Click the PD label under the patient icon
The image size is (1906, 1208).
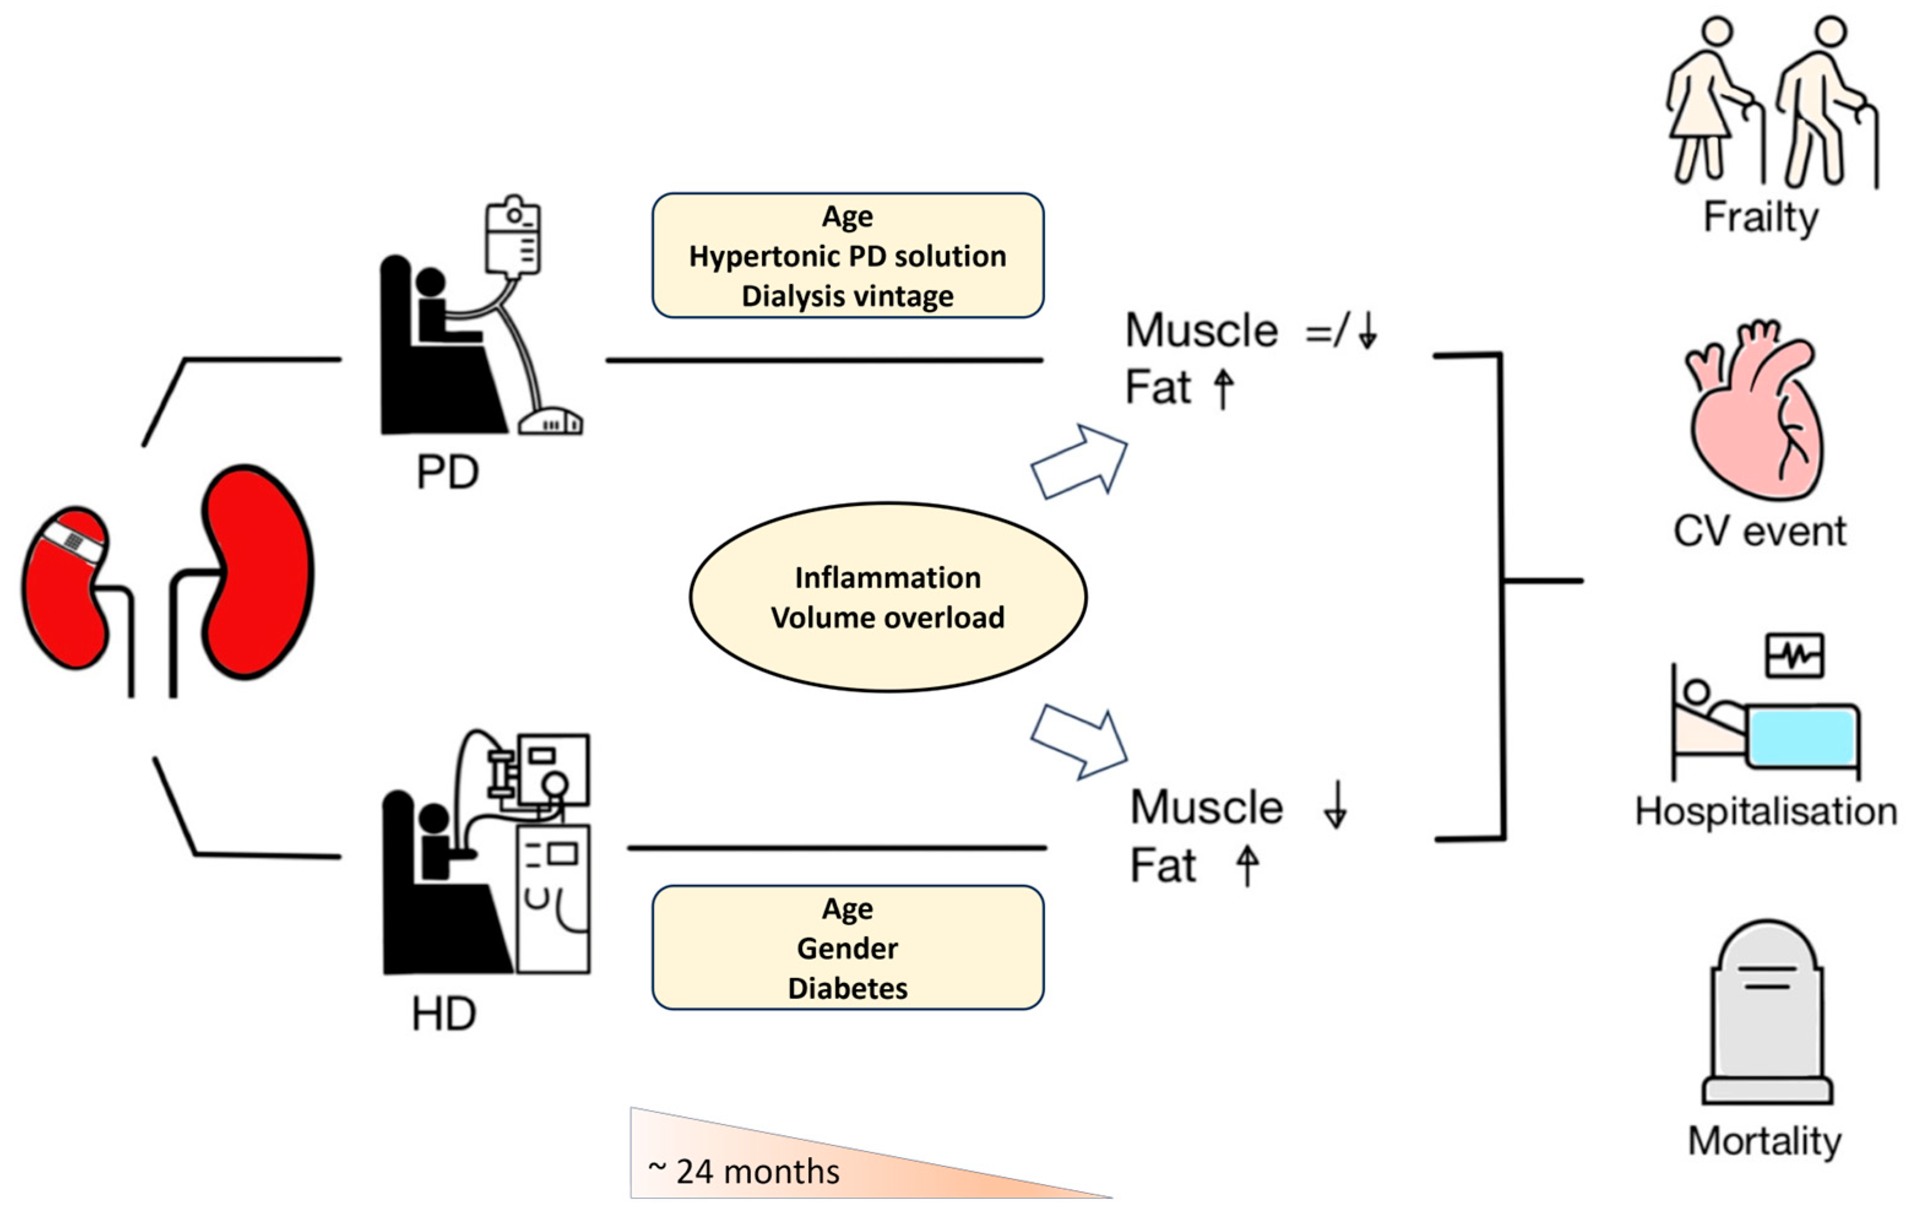pyautogui.click(x=448, y=473)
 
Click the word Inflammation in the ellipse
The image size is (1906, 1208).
pyautogui.click(x=887, y=578)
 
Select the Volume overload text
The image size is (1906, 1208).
pyautogui.click(x=887, y=617)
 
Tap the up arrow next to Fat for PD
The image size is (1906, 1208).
pyautogui.click(x=1223, y=389)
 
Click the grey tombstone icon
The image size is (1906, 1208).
pyautogui.click(x=1768, y=1013)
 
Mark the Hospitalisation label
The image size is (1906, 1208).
pyautogui.click(x=1765, y=811)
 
